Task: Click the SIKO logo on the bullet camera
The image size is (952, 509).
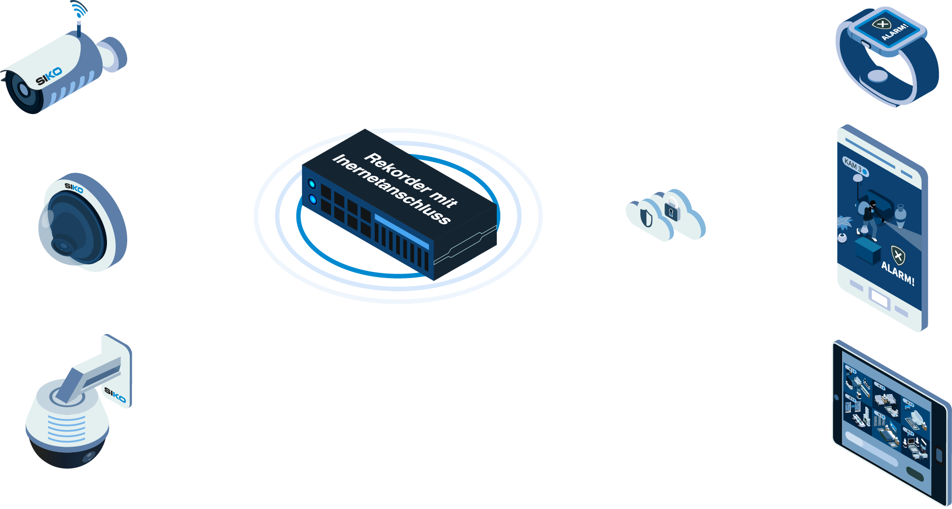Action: click(x=49, y=76)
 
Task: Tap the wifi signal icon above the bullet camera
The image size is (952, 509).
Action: click(x=79, y=10)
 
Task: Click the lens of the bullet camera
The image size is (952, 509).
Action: click(x=23, y=90)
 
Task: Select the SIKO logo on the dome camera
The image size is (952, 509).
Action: click(x=74, y=188)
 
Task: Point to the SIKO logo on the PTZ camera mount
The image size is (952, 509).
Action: click(x=115, y=395)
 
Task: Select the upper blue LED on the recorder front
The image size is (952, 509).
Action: click(x=312, y=184)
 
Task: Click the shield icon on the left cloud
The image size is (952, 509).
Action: click(x=646, y=217)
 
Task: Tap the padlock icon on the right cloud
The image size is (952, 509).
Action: click(x=671, y=212)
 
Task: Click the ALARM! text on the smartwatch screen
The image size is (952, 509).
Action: click(x=894, y=31)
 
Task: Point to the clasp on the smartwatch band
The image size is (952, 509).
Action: click(x=877, y=76)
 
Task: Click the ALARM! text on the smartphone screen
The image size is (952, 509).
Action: click(x=898, y=273)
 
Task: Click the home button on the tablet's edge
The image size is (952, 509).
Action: click(x=939, y=455)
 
